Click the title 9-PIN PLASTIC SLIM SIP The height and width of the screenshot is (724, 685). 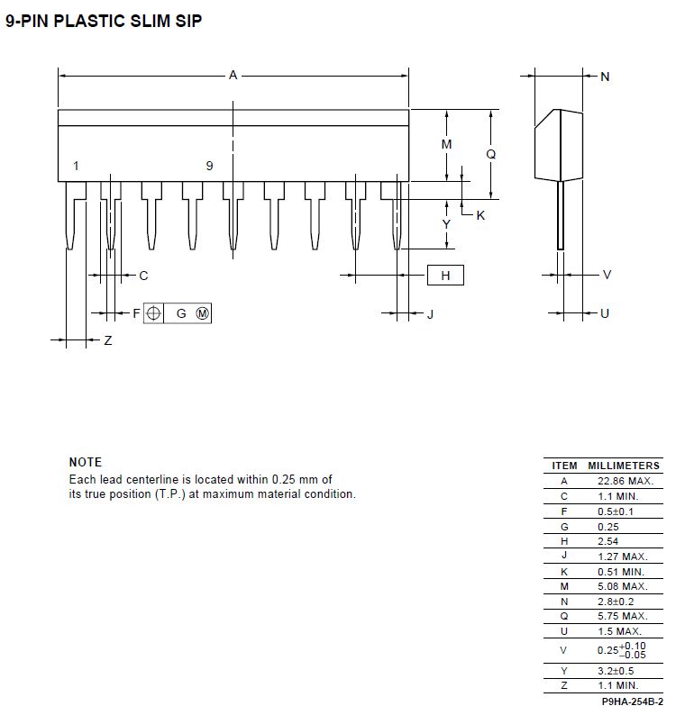104,20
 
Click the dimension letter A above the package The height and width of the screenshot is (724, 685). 233,77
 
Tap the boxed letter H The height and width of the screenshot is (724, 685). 445,276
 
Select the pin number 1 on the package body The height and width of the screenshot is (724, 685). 76,166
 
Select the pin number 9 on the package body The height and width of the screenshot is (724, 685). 209,166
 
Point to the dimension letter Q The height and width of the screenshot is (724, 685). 491,154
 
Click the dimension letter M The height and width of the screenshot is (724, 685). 446,144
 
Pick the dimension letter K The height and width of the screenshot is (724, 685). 480,215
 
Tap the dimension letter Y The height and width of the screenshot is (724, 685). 446,223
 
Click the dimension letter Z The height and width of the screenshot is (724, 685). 108,340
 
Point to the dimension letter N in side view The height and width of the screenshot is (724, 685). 605,77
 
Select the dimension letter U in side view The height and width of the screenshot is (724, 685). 605,313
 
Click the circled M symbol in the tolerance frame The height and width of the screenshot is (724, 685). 202,313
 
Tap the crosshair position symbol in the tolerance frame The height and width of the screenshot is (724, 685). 154,313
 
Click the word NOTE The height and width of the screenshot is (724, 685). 86,462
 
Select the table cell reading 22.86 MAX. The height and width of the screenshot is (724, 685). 624,481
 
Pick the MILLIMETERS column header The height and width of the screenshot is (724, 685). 624,466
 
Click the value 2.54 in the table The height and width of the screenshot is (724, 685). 610,540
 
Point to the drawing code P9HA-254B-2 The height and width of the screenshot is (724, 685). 632,701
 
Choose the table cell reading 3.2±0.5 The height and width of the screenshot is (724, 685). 616,670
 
